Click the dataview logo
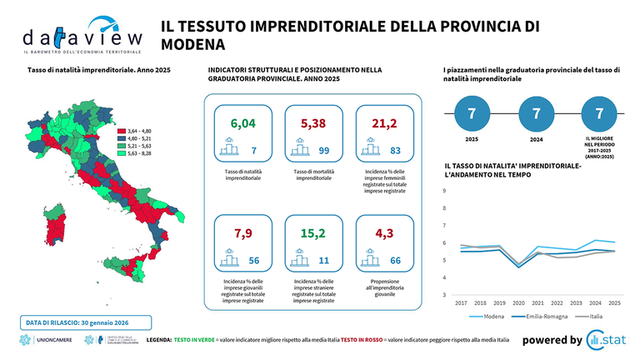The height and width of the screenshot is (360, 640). [71, 37]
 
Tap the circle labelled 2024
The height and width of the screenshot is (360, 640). [536, 112]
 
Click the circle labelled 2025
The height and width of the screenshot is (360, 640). [472, 112]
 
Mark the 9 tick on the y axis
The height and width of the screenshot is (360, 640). [443, 191]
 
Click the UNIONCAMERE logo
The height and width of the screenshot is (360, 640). [47, 340]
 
